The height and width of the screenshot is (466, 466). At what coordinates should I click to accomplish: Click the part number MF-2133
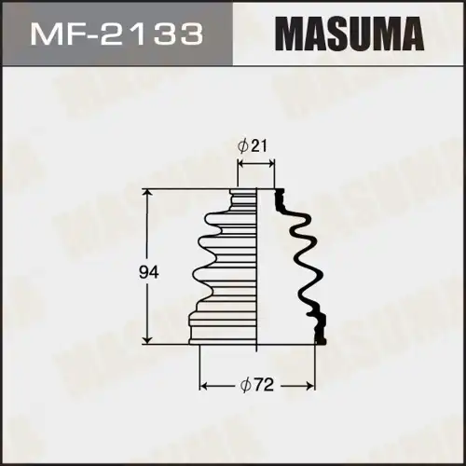[x=117, y=35]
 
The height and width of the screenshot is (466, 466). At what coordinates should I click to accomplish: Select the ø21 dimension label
[x=254, y=146]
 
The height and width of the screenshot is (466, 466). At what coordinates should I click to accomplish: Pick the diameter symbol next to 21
[x=242, y=146]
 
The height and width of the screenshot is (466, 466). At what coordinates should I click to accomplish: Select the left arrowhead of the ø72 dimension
[x=204, y=384]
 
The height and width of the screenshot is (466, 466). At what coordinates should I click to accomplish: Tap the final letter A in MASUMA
[x=414, y=35]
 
